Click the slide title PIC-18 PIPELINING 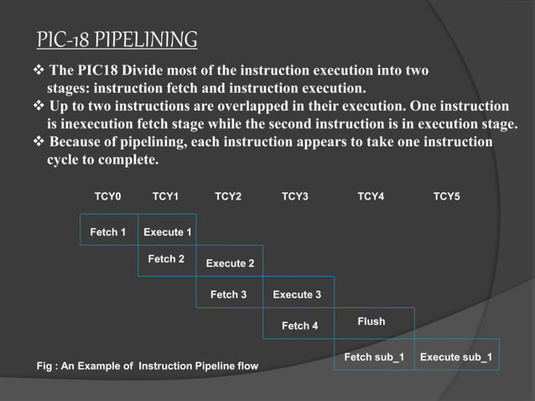[x=117, y=40]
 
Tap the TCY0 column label [x=107, y=196]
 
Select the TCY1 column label [x=165, y=196]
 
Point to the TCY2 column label [x=228, y=196]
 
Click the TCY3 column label [x=295, y=196]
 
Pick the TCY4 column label [x=371, y=196]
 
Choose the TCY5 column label [x=446, y=196]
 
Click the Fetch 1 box [x=108, y=232]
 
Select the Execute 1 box [x=167, y=232]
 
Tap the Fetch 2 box [x=166, y=260]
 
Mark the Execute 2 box [x=230, y=263]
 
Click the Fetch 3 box [x=228, y=294]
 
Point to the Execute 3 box [x=297, y=294]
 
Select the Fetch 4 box [x=299, y=325]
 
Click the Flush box [x=371, y=321]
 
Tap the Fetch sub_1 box [x=374, y=357]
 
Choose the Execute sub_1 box [x=455, y=357]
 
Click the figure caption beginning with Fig [x=148, y=367]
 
